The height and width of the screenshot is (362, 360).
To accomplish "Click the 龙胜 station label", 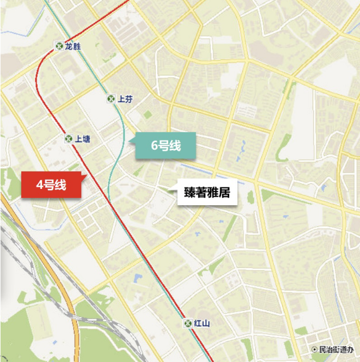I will pyautogui.click(x=72, y=47).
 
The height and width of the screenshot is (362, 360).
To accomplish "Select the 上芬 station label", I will pyautogui.click(x=125, y=99).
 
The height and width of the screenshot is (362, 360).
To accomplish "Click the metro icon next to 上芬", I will pyautogui.click(x=111, y=99).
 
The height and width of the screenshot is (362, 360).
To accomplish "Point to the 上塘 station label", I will pyautogui.click(x=83, y=139).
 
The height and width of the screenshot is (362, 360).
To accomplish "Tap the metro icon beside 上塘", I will pyautogui.click(x=69, y=139).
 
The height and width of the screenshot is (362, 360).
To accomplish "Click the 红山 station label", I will pyautogui.click(x=202, y=323).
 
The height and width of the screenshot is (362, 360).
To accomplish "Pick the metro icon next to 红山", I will pyautogui.click(x=188, y=323).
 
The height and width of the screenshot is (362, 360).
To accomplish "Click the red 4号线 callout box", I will pyautogui.click(x=51, y=185).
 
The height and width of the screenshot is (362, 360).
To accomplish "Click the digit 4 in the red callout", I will pyautogui.click(x=40, y=185).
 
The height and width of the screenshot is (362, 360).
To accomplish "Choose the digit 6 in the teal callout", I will pyautogui.click(x=154, y=146).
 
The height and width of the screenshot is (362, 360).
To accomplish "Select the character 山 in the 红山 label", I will pyautogui.click(x=205, y=323).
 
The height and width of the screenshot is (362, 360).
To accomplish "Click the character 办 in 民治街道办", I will pyautogui.click(x=351, y=349).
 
